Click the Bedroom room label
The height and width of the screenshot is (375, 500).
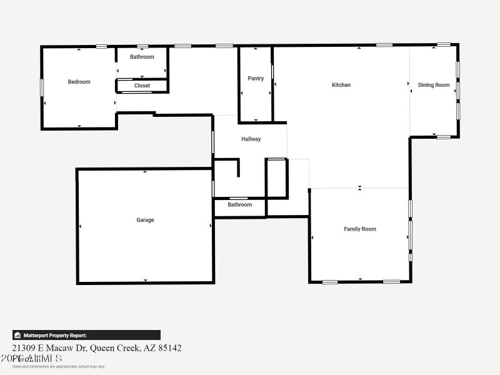79,82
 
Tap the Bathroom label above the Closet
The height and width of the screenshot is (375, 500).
142,57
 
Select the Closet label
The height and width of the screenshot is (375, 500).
142,86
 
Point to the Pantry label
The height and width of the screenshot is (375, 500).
256,79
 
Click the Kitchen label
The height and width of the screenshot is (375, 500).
341,85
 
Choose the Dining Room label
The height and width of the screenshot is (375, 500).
434,85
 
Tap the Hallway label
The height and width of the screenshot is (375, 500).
251,139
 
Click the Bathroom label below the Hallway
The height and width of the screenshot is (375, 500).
239,204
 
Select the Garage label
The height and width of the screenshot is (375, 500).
145,220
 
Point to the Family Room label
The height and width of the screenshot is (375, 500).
360,229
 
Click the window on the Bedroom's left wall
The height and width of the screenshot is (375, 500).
42,87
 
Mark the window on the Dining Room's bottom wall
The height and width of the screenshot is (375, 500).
444,137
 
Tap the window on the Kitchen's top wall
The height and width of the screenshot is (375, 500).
384,45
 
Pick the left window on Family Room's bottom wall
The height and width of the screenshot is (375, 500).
330,282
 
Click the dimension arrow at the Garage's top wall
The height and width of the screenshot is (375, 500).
145,171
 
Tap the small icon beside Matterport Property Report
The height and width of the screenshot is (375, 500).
17,335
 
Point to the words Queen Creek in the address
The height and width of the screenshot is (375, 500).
114,347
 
